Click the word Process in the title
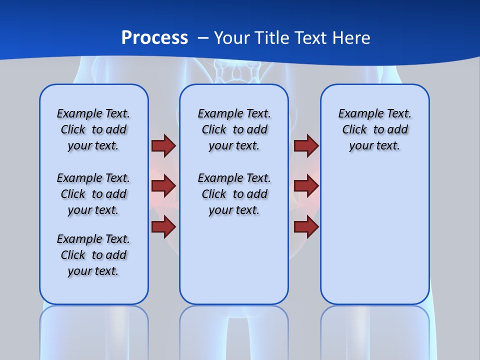click(x=154, y=37)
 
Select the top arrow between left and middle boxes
click(x=163, y=145)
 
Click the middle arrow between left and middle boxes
click(x=163, y=186)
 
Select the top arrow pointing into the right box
click(x=306, y=145)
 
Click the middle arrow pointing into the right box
click(x=306, y=186)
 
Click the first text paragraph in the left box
click(x=93, y=129)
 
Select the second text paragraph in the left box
click(x=93, y=194)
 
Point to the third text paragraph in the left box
click(x=93, y=255)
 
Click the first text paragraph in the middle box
click(x=234, y=129)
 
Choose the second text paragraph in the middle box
click(x=234, y=194)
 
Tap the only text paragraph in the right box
click(x=374, y=129)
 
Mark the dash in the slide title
click(x=203, y=37)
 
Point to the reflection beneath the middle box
click(x=234, y=330)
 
